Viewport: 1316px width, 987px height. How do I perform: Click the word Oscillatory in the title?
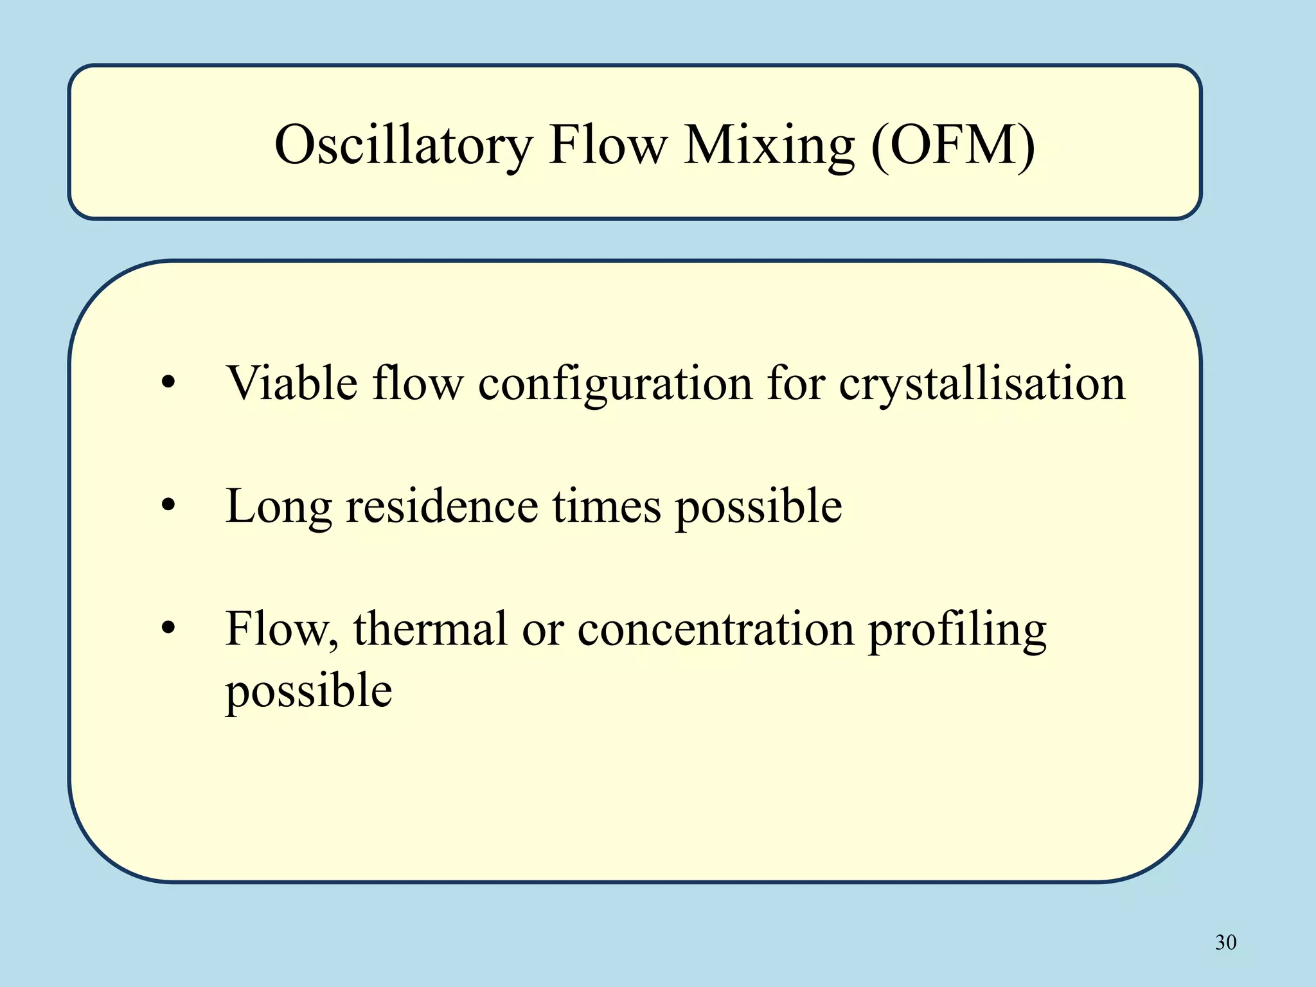pyautogui.click(x=404, y=145)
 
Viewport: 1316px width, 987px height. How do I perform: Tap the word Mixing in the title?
pyautogui.click(x=769, y=145)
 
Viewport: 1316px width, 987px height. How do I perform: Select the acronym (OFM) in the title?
pyautogui.click(x=953, y=145)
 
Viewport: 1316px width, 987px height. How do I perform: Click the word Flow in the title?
pyautogui.click(x=608, y=145)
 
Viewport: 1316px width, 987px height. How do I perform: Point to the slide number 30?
pyautogui.click(x=1225, y=942)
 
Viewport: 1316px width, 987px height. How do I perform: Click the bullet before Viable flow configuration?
pyautogui.click(x=168, y=384)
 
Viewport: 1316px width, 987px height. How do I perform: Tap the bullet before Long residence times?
pyautogui.click(x=168, y=506)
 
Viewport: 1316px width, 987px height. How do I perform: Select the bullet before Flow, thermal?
pyautogui.click(x=168, y=628)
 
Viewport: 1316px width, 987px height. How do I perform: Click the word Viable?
pyautogui.click(x=292, y=384)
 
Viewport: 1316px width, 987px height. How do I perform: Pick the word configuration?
pyautogui.click(x=615, y=384)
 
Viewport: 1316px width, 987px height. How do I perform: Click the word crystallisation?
pyautogui.click(x=982, y=384)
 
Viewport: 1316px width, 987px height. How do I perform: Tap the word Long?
pyautogui.click(x=278, y=506)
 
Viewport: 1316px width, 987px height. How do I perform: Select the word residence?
pyautogui.click(x=441, y=506)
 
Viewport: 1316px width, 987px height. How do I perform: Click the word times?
pyautogui.click(x=607, y=506)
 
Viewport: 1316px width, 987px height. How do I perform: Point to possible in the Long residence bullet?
pyautogui.click(x=758, y=506)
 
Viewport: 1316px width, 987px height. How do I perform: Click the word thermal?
pyautogui.click(x=430, y=628)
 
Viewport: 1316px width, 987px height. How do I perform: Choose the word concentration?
pyautogui.click(x=715, y=628)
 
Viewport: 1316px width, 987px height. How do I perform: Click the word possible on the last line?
pyautogui.click(x=308, y=690)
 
